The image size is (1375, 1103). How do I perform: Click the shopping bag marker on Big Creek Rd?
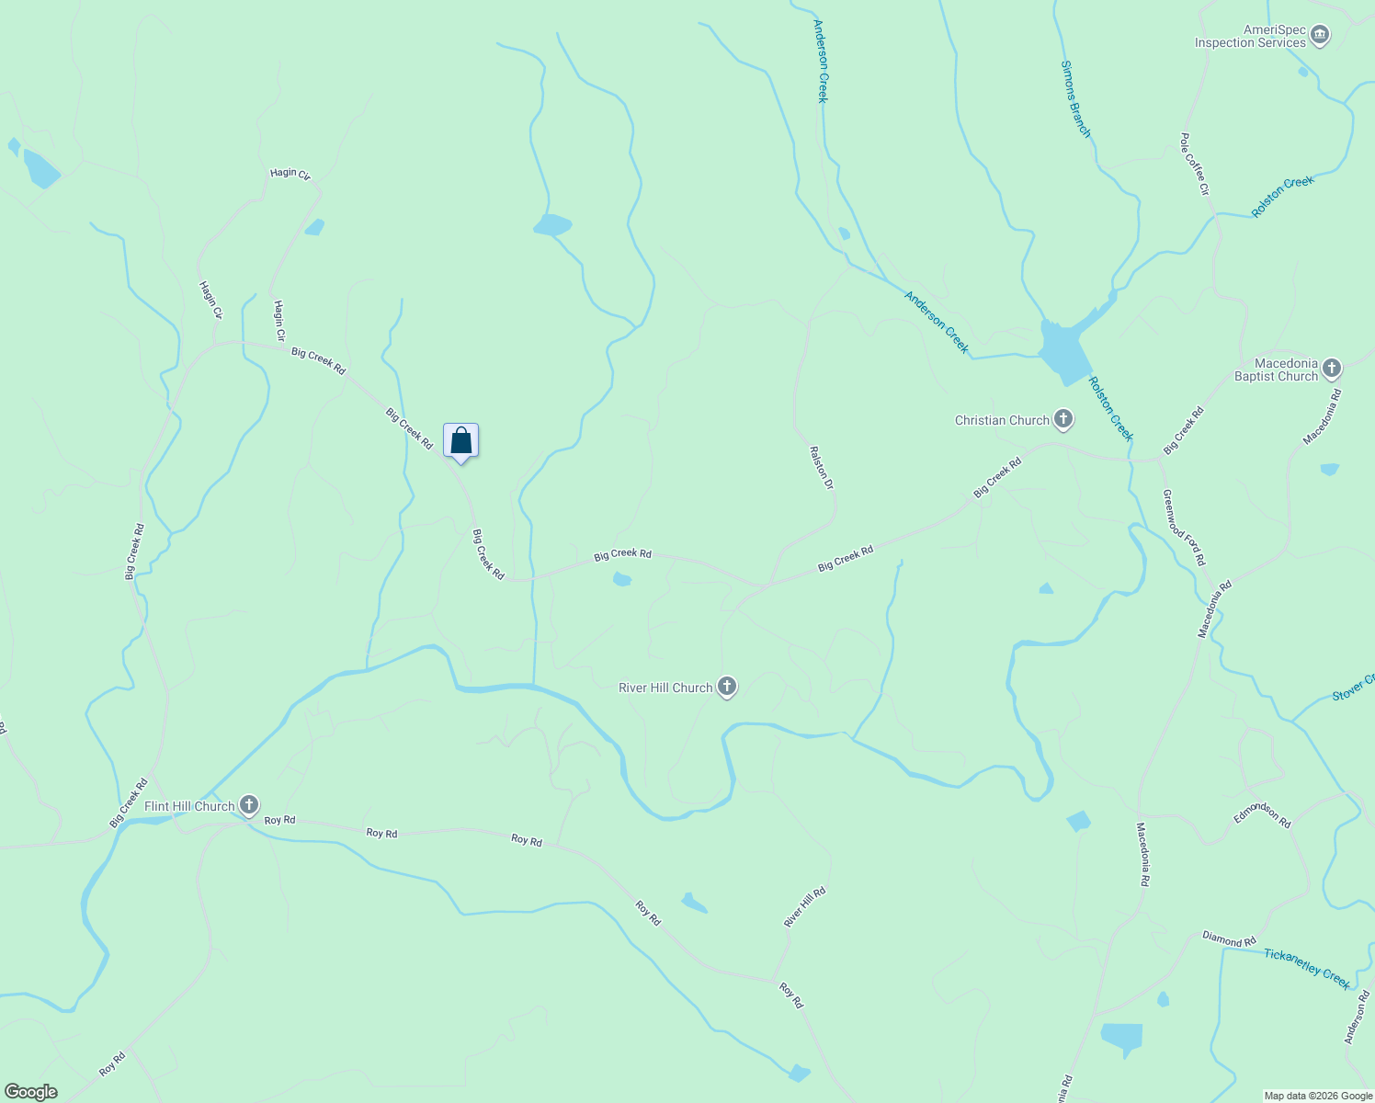(x=460, y=440)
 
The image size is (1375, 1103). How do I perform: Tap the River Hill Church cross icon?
(x=727, y=687)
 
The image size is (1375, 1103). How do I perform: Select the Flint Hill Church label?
(x=189, y=806)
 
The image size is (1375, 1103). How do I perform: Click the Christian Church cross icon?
(x=1063, y=420)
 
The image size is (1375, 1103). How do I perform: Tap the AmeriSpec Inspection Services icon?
(x=1321, y=36)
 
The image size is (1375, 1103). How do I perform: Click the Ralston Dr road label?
(x=821, y=467)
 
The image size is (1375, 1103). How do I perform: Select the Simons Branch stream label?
(x=1075, y=99)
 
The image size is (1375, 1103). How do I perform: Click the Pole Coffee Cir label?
(x=1195, y=165)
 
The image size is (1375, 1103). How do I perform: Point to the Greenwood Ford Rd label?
(x=1183, y=527)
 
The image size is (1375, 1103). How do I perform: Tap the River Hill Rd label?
(x=804, y=907)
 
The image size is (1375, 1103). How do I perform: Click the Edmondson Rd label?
(x=1262, y=813)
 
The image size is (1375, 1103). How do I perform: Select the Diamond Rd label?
(x=1229, y=939)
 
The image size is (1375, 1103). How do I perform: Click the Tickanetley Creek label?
(x=1307, y=968)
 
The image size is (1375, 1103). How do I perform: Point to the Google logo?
(x=31, y=1092)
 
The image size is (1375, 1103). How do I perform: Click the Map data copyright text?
(x=1318, y=1096)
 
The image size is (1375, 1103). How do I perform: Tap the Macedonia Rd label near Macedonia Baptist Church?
(x=1323, y=417)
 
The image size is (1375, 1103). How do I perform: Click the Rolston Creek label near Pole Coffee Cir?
(x=1283, y=197)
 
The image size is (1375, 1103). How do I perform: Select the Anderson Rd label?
(x=1357, y=1018)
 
